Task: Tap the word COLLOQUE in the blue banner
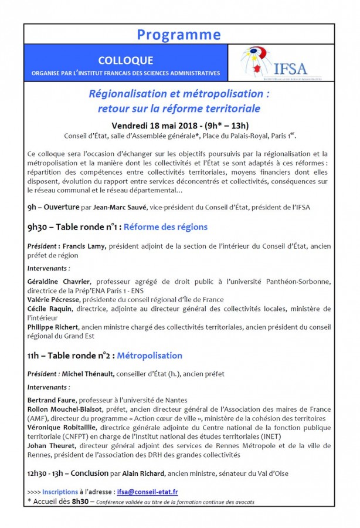(126, 60)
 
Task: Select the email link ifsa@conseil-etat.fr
(148, 491)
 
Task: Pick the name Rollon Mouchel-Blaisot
(65, 408)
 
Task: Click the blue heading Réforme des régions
(165, 226)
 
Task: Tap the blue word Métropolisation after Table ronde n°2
(150, 355)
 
